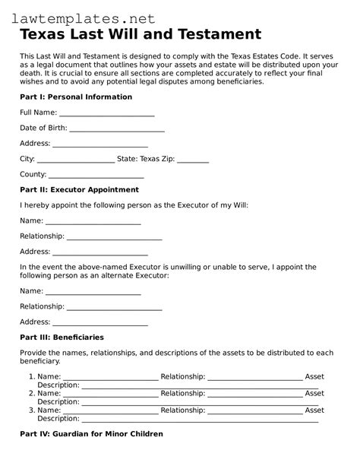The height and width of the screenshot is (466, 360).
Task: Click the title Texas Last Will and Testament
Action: click(141, 34)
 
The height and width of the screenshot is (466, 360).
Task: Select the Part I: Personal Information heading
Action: click(76, 97)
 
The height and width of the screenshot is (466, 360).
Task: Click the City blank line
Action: click(75, 160)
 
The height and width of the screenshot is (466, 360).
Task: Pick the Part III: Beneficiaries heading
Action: click(62, 337)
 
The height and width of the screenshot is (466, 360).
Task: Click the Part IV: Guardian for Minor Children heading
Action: click(91, 434)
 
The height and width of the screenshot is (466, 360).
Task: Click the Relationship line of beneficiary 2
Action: click(254, 395)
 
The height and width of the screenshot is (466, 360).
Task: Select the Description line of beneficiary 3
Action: click(199, 420)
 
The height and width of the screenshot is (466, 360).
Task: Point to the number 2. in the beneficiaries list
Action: click(31, 394)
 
